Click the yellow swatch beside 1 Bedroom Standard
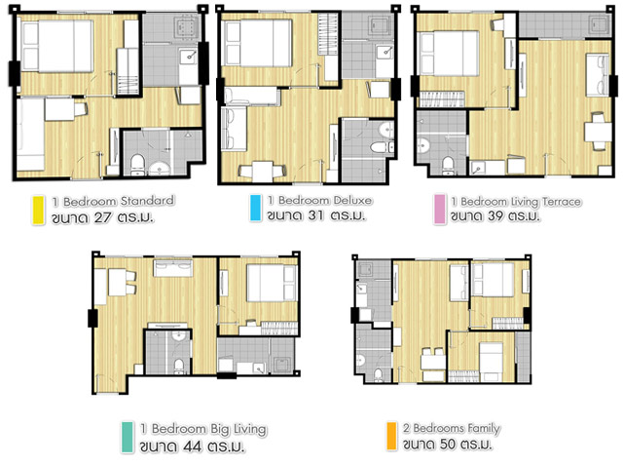[38, 210]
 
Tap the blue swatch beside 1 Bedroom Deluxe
[255, 208]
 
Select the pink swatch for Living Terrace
[439, 209]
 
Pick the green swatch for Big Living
[127, 437]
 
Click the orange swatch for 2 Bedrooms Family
[391, 436]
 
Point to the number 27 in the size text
[103, 218]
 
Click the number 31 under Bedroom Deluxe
[315, 215]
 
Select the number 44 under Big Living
[192, 447]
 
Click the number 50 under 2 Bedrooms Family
[447, 444]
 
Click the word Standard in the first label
[147, 201]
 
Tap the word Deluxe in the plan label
[352, 200]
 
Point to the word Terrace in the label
[562, 202]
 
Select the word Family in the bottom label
[484, 428]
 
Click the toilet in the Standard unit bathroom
[137, 165]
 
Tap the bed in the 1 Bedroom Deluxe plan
[257, 43]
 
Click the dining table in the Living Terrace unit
[597, 132]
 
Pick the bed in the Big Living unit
[272, 283]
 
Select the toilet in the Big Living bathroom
[179, 367]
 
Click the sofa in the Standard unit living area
[30, 135]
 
